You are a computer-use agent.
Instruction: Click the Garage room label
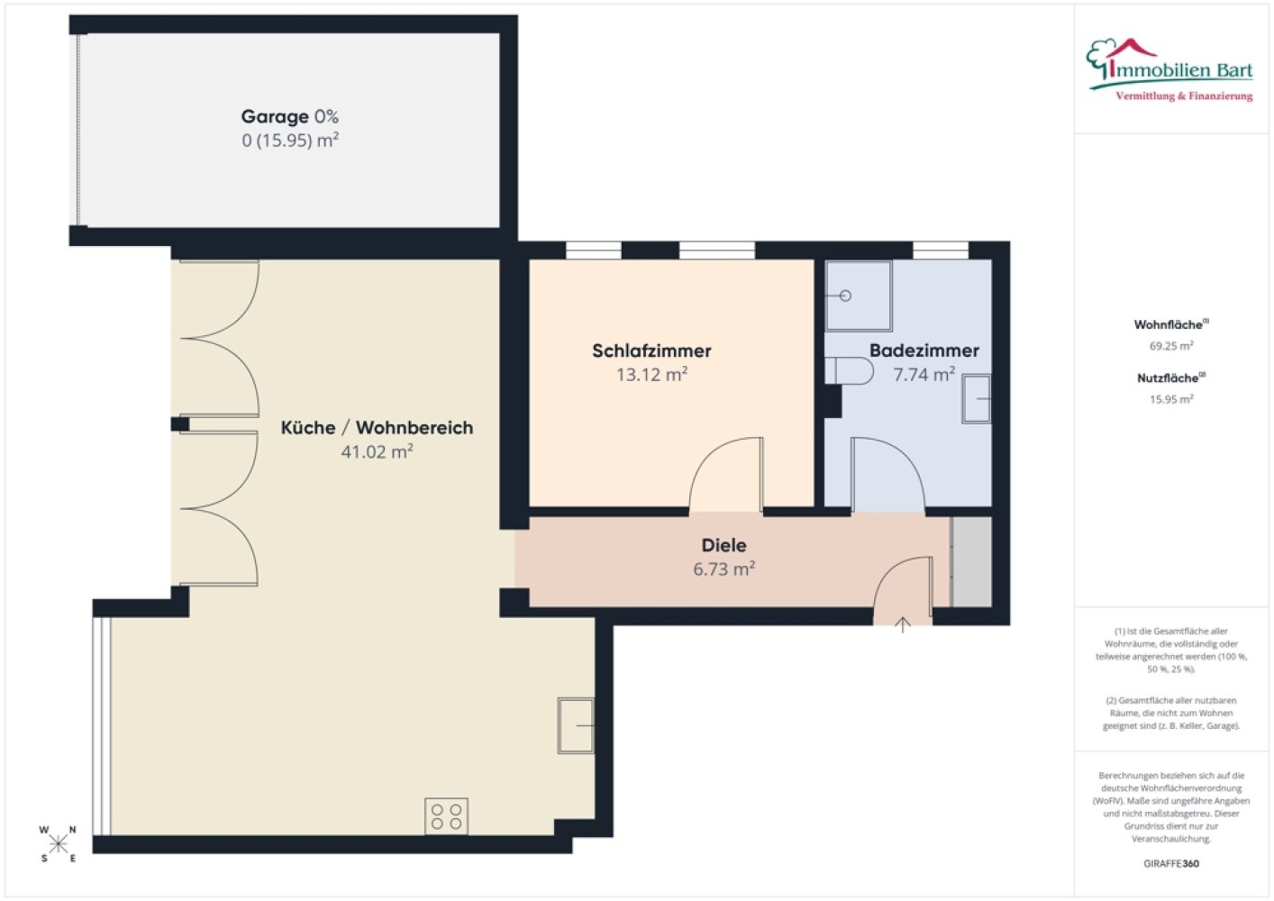click(276, 116)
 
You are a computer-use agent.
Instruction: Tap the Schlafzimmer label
click(651, 350)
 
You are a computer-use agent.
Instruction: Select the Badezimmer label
click(924, 350)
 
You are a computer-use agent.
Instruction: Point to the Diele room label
click(724, 545)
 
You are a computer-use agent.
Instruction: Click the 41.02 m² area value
click(378, 451)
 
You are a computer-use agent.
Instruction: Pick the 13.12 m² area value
click(651, 374)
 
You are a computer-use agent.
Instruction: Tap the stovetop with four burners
click(447, 816)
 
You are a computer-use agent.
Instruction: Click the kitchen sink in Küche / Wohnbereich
click(576, 725)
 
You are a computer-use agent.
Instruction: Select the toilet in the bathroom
click(849, 371)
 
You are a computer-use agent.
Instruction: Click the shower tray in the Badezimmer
click(859, 296)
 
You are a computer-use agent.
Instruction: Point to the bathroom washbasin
click(977, 399)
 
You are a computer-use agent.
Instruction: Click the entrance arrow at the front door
click(903, 624)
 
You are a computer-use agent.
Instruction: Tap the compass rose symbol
click(58, 844)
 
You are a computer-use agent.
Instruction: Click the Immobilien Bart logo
click(1170, 70)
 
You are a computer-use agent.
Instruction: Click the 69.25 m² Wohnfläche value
click(1171, 346)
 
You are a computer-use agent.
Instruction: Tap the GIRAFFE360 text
click(1171, 863)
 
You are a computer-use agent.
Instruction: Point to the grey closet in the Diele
click(971, 561)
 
